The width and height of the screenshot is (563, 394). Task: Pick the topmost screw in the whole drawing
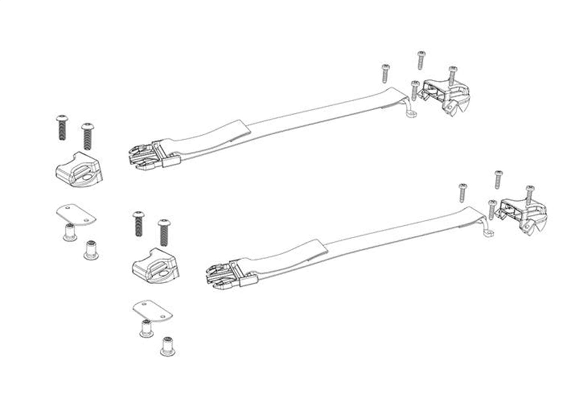point(421,60)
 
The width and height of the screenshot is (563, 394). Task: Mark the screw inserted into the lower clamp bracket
point(530,193)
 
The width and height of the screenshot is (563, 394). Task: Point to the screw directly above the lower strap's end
point(463,192)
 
